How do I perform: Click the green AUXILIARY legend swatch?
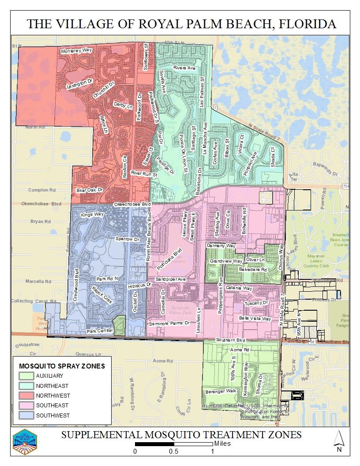pos(26,376)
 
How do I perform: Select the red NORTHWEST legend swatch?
pos(26,395)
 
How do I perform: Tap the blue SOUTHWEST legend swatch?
pos(26,415)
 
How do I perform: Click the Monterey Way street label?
pos(77,51)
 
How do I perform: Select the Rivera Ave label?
pos(184,68)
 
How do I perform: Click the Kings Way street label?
pos(92,214)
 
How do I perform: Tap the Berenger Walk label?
pos(221,391)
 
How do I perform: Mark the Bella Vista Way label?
pos(255,318)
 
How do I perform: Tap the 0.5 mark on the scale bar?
pos(173,451)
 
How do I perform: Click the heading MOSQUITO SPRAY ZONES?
pos(61,366)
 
